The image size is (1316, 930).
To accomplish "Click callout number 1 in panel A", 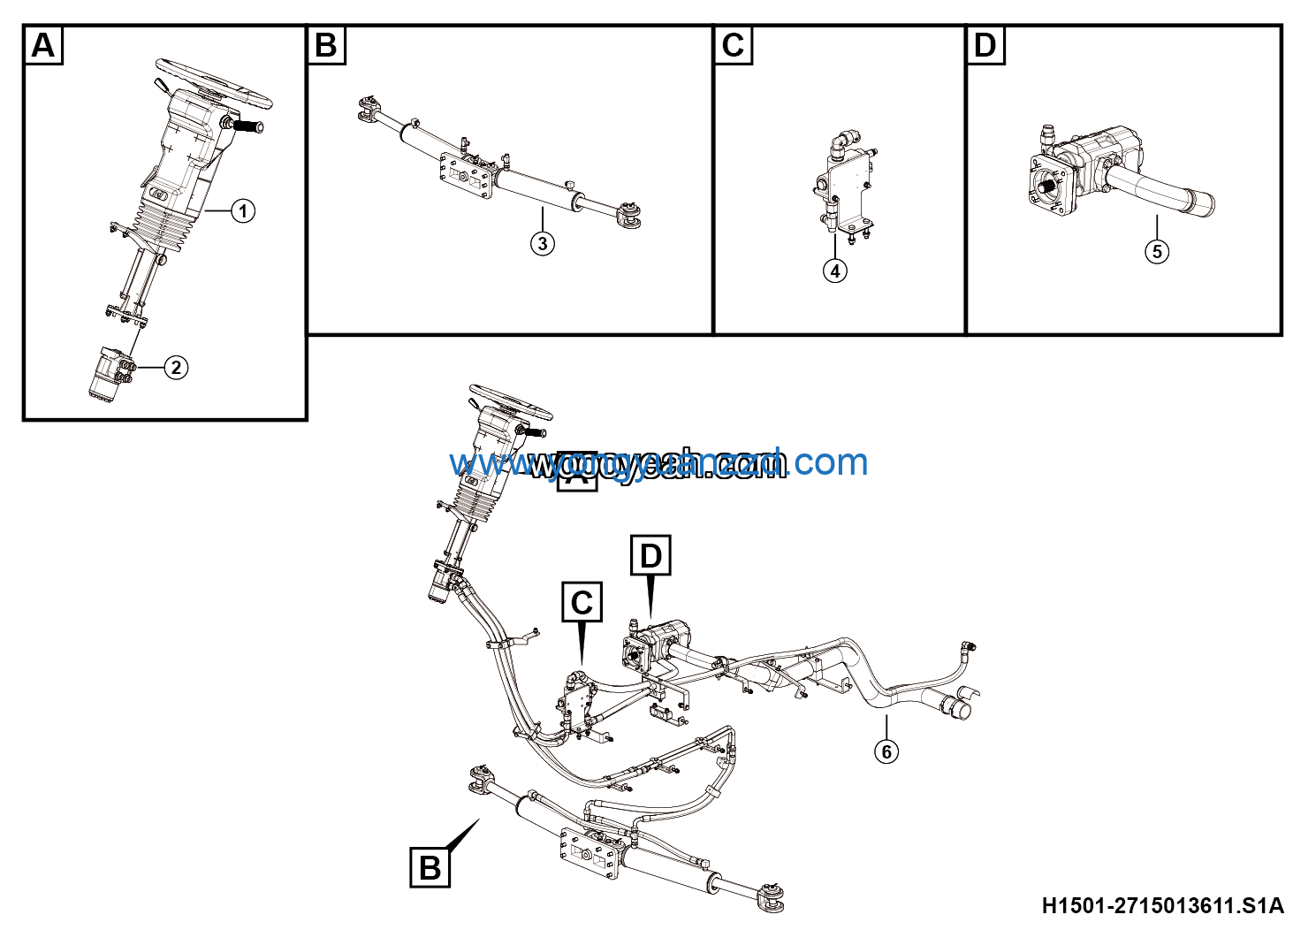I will [x=243, y=211].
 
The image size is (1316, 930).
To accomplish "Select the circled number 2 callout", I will [x=176, y=368].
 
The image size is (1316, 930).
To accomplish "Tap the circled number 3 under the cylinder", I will [x=543, y=243].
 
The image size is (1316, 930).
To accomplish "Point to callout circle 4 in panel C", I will [x=835, y=271].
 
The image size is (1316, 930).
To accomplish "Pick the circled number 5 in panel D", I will [x=1157, y=252].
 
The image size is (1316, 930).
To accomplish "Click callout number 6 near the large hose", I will [x=886, y=751].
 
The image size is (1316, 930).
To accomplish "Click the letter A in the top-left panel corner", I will [x=42, y=45].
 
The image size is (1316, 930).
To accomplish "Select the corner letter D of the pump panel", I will [x=985, y=45].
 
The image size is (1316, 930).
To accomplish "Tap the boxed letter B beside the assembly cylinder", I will [x=430, y=867].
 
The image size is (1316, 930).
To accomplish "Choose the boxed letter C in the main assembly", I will [x=582, y=603].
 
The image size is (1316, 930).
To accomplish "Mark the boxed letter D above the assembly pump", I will [x=650, y=556].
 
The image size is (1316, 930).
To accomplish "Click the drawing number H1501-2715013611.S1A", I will [x=1162, y=905].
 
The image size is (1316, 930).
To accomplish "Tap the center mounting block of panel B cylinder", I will [x=465, y=176].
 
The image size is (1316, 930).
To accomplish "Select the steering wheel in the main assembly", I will [x=511, y=402].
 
